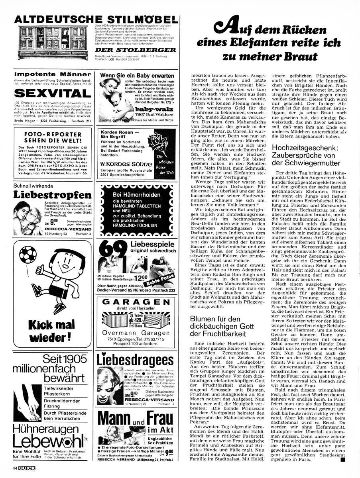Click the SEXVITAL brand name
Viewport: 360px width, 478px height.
click(53, 93)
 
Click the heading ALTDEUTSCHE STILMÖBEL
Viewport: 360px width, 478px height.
click(95, 20)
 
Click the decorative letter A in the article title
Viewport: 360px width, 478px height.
click(224, 28)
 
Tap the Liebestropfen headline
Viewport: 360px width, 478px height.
click(53, 195)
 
